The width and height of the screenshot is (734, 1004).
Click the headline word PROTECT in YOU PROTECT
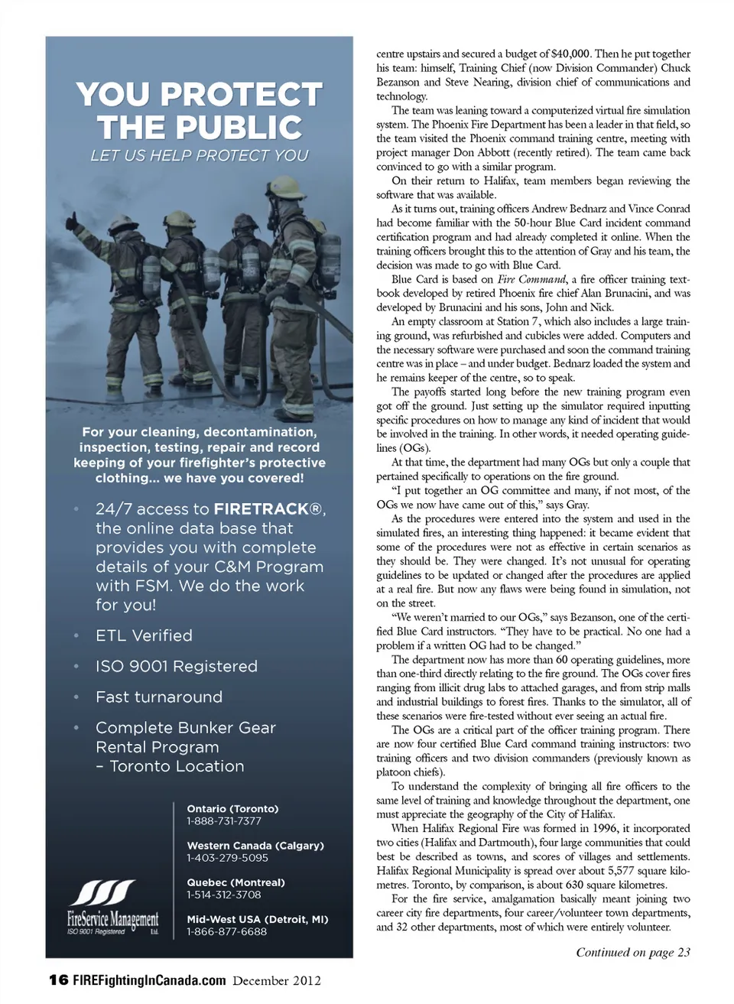coord(242,95)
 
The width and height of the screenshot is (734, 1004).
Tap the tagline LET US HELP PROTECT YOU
coord(199,155)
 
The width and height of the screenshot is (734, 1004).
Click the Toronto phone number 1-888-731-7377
coord(224,821)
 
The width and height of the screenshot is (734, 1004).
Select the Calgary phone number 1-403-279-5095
coord(227,858)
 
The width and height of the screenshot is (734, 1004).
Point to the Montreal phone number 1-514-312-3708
coord(224,895)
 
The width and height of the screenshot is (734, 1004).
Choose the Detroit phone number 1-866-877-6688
coord(227,931)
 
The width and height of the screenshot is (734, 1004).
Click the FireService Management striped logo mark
coord(102,893)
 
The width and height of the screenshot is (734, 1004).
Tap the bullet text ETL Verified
coord(144,635)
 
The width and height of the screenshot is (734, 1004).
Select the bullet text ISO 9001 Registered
coord(176,666)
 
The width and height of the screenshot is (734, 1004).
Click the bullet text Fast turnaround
coord(159,697)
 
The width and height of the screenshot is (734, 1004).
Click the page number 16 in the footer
coord(58,980)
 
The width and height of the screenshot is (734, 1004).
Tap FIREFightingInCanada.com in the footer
coord(150,980)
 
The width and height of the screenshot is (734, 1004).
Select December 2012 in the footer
coord(277,980)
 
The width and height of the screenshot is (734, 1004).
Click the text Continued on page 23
coord(633,952)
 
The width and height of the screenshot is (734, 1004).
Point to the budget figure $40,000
coord(570,54)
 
